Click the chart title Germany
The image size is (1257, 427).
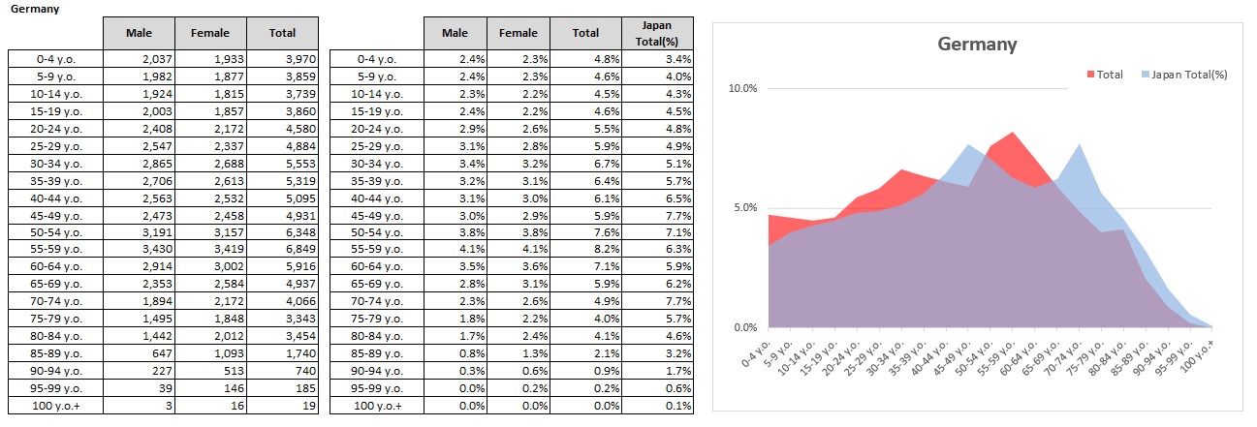click(x=977, y=45)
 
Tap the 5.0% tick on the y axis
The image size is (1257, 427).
click(x=744, y=208)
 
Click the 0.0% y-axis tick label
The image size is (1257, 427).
click(x=744, y=327)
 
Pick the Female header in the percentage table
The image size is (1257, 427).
click(x=519, y=33)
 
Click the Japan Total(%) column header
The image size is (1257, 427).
click(x=658, y=33)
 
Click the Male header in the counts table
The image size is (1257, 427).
click(x=140, y=33)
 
